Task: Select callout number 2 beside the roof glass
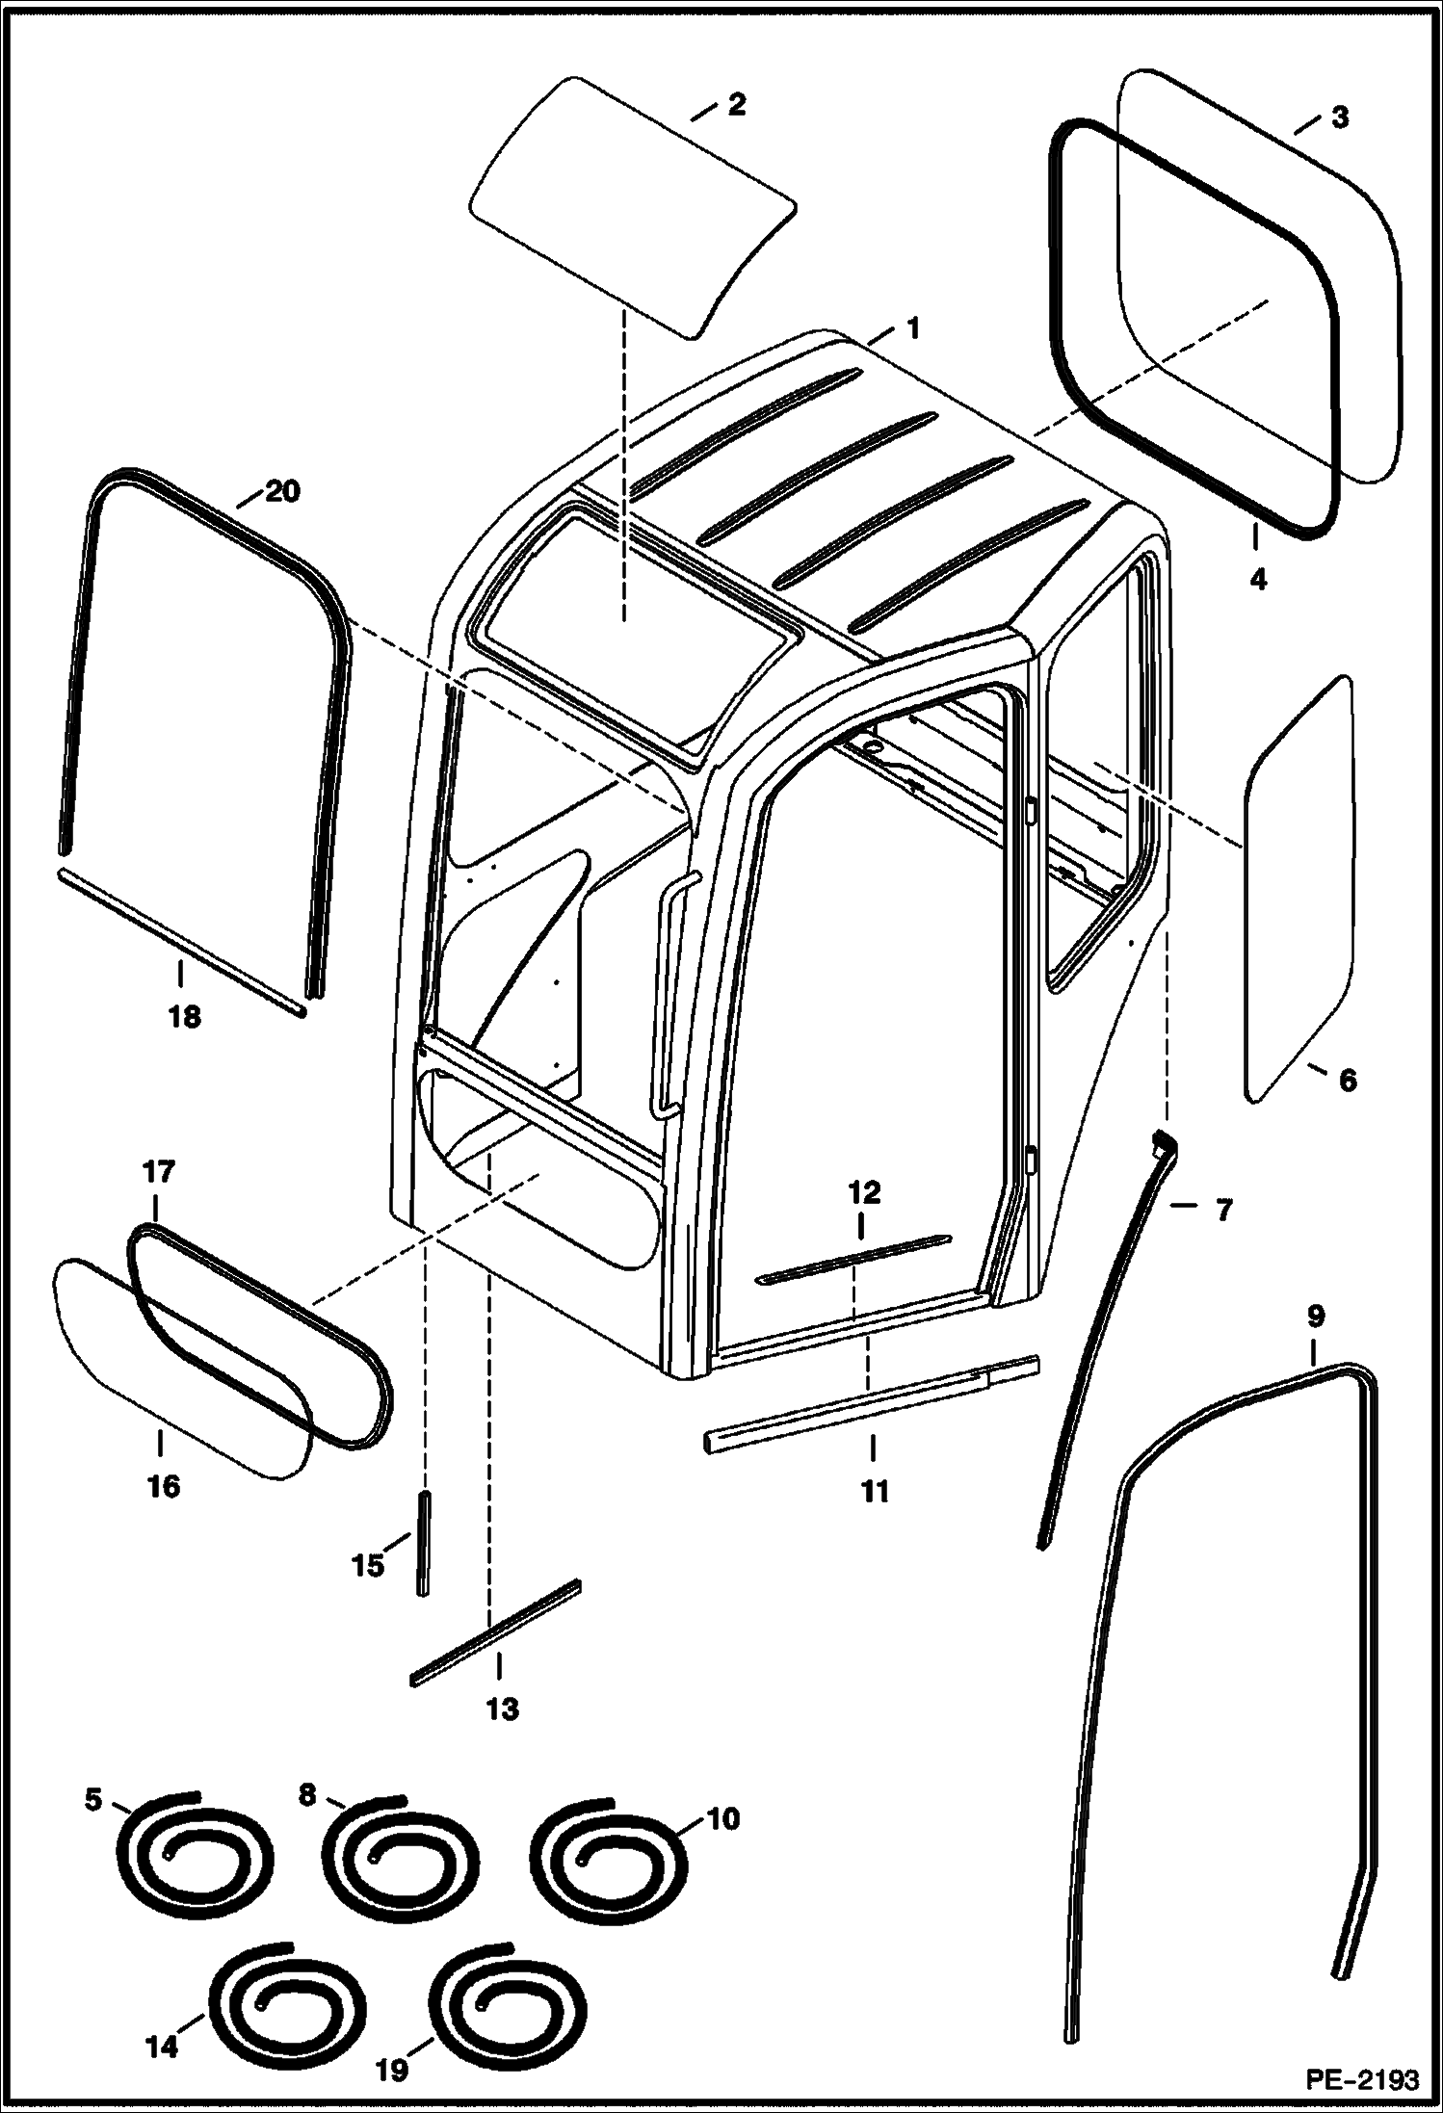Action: tap(736, 104)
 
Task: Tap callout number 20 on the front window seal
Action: tap(282, 491)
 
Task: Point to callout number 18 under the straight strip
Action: tap(184, 1016)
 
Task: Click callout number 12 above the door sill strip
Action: tap(864, 1193)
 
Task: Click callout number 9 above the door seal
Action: tap(1316, 1316)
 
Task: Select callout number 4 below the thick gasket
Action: tap(1258, 580)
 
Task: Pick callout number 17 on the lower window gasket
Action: tap(159, 1172)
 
